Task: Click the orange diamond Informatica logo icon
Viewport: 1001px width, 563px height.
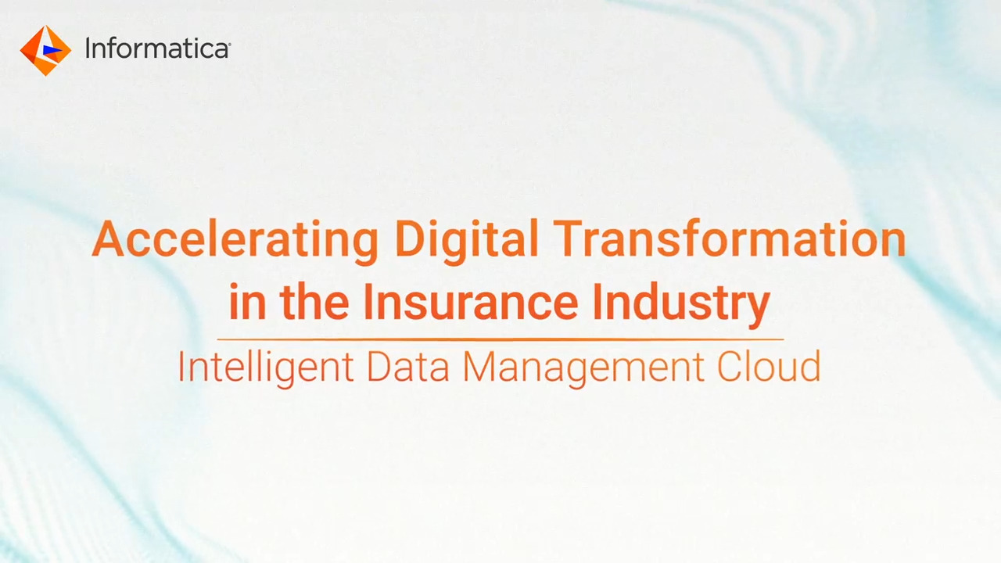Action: click(45, 51)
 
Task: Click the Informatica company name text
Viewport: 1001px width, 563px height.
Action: click(156, 48)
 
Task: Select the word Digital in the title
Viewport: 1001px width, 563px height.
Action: click(467, 241)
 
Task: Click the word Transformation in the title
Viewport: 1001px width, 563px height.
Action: click(732, 239)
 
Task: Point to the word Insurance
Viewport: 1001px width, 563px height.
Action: click(471, 301)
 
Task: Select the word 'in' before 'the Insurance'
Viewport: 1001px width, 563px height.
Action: click(248, 301)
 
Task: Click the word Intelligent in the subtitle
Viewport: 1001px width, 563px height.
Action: click(266, 368)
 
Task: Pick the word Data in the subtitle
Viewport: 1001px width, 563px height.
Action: click(407, 367)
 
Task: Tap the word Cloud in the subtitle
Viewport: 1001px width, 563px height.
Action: click(769, 367)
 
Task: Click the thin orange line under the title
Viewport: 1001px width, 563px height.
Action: click(500, 339)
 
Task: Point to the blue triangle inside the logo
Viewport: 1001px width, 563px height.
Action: click(52, 51)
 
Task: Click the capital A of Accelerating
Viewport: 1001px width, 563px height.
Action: click(108, 239)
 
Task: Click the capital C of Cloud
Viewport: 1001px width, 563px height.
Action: click(730, 367)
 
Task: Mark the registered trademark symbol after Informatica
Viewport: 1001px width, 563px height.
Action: click(229, 44)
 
